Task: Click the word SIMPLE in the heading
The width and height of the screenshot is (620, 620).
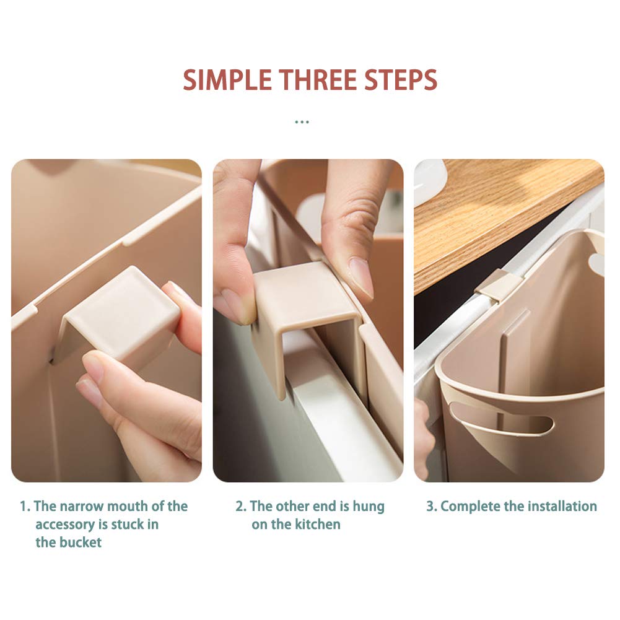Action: pyautogui.click(x=227, y=81)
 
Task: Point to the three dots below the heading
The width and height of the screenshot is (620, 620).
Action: pyautogui.click(x=302, y=122)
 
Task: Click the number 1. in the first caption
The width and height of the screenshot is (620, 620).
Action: pyautogui.click(x=25, y=507)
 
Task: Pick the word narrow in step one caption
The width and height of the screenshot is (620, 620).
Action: pyautogui.click(x=82, y=507)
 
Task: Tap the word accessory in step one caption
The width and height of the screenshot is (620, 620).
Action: pyautogui.click(x=66, y=525)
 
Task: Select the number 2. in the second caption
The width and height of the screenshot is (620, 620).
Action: pyautogui.click(x=241, y=507)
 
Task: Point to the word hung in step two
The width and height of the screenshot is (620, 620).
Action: pyautogui.click(x=368, y=507)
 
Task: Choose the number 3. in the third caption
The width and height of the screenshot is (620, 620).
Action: pyautogui.click(x=431, y=507)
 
